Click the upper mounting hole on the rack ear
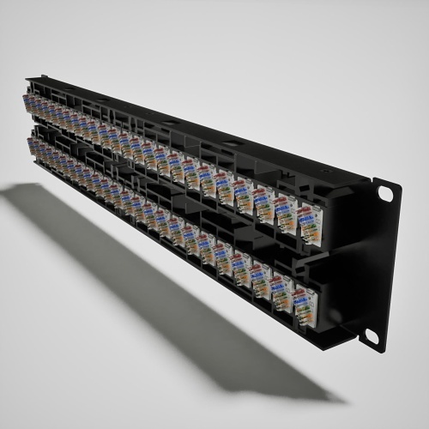click(x=384, y=194)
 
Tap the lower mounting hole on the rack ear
click(x=372, y=335)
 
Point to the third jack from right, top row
click(x=263, y=207)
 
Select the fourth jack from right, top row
click(x=243, y=197)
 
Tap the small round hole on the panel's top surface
click(x=231, y=142)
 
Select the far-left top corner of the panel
click(x=27, y=79)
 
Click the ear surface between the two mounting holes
click(x=378, y=266)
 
